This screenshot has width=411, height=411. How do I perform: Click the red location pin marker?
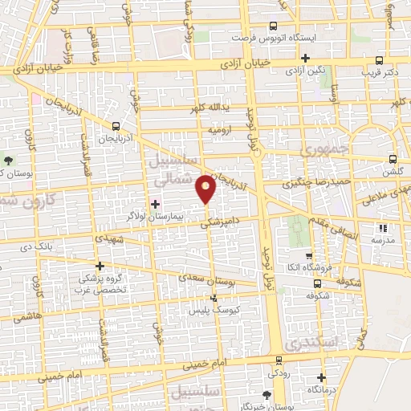tap(207, 187)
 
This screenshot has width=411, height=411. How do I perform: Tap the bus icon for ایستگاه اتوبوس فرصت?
tap(273, 26)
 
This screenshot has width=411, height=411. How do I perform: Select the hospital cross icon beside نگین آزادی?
tap(305, 58)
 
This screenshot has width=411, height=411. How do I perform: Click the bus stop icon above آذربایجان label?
tap(117, 126)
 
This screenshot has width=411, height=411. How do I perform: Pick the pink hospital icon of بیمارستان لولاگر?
tap(155, 201)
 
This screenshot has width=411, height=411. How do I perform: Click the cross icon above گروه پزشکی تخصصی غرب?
tap(100, 266)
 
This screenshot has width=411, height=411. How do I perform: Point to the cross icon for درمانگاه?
tap(321, 377)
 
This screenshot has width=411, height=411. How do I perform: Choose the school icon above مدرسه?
tap(382, 228)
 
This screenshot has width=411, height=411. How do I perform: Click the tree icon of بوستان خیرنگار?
tap(267, 394)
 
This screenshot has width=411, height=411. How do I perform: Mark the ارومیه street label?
tap(222, 129)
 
